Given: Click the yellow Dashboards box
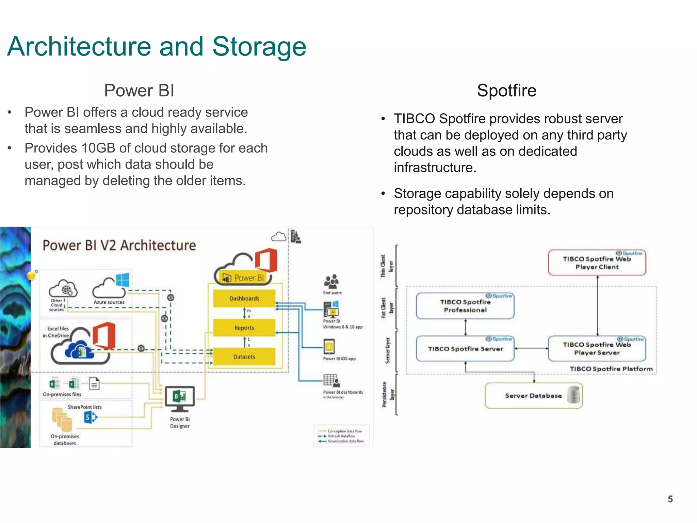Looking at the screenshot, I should click(244, 299).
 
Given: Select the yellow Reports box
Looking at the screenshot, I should click(244, 328).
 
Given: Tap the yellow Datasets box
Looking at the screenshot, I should click(244, 357).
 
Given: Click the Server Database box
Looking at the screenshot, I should click(533, 396).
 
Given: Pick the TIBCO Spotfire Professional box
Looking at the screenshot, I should click(465, 306).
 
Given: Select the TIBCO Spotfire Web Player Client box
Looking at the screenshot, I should click(597, 263).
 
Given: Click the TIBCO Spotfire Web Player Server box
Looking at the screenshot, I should click(597, 349).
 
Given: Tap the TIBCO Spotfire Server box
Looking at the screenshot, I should click(465, 349).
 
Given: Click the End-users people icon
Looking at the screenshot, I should click(331, 282).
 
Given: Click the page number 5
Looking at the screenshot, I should click(670, 499).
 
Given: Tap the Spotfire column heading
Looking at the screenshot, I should click(506, 91).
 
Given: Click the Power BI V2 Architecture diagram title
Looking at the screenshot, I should click(119, 245).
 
